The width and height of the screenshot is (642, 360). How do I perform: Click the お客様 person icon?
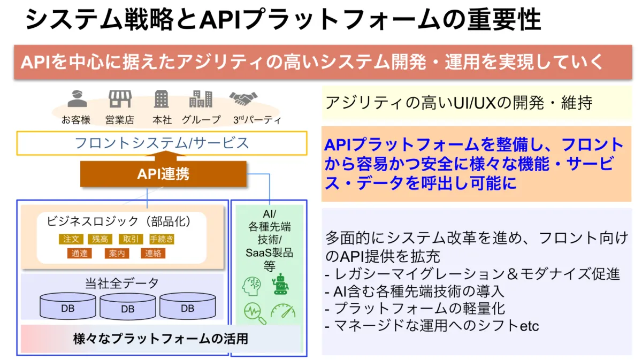point(77,99)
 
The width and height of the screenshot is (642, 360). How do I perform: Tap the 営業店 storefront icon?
point(120,99)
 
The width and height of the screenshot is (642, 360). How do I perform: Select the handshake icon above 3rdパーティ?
point(243,98)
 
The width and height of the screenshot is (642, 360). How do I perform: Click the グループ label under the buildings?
point(201,120)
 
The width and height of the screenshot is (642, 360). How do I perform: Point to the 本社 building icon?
point(161,99)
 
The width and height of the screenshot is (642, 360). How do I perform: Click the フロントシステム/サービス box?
point(162,143)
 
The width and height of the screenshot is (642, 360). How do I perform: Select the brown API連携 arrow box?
point(163,174)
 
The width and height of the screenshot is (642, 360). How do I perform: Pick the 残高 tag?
point(100,239)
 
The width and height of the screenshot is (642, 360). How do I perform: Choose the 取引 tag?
point(131,239)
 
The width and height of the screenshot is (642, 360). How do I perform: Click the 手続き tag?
point(162,239)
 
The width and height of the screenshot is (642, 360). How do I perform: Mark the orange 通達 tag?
point(79,253)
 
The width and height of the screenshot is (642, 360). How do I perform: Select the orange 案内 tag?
point(117,253)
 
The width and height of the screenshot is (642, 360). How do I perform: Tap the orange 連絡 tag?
point(153,253)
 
